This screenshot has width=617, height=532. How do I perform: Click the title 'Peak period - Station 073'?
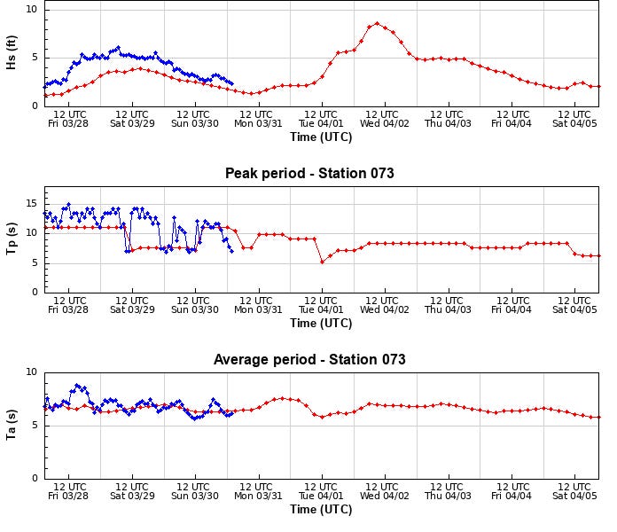(309, 174)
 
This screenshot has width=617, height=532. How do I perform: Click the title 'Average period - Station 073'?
(309, 360)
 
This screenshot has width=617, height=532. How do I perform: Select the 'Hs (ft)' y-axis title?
(12, 58)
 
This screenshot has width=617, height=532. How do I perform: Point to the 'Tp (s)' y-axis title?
(12, 239)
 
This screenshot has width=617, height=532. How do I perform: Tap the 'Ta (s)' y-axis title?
(12, 426)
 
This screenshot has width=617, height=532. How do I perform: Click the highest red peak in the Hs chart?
(377, 24)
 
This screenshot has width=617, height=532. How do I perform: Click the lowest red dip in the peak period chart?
(322, 262)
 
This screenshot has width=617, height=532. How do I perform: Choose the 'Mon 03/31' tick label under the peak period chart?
(257, 309)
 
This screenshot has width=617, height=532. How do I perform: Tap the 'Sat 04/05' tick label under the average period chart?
(574, 496)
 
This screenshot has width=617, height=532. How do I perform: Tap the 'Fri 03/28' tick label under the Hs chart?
(68, 123)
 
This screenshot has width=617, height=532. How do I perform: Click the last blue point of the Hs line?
(232, 83)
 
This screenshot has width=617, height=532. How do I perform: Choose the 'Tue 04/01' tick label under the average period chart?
(321, 496)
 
